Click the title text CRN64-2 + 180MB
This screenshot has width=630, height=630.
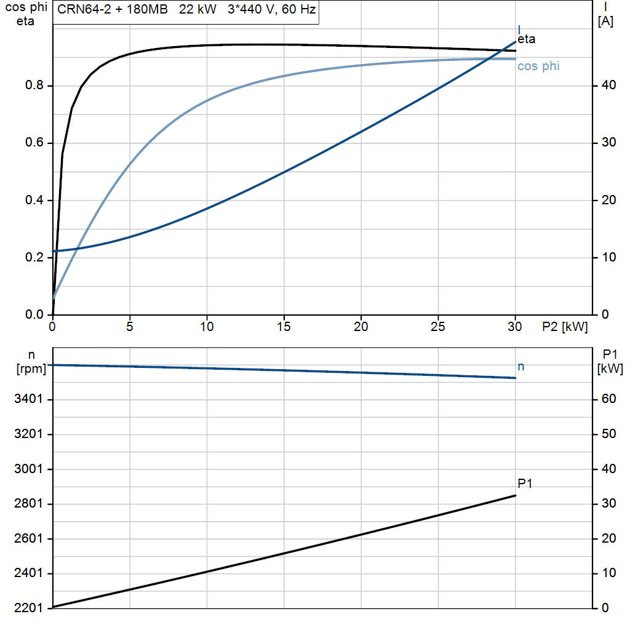(x=113, y=9)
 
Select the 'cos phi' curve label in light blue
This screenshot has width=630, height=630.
(x=538, y=66)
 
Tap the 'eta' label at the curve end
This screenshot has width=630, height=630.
(x=527, y=39)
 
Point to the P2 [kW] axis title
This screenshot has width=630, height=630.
(x=565, y=327)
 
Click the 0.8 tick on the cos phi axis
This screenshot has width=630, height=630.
(x=34, y=85)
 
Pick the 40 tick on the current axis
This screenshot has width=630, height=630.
(x=608, y=85)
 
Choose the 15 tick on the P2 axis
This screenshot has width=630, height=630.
(x=284, y=327)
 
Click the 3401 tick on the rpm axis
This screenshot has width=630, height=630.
(x=28, y=399)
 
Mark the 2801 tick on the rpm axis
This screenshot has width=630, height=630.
(x=28, y=503)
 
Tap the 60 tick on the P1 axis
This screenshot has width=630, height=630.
(x=608, y=399)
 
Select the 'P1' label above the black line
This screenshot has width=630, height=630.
(x=525, y=484)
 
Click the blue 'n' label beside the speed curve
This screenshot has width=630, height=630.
(x=520, y=367)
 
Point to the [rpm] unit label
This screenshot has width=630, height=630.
(x=31, y=369)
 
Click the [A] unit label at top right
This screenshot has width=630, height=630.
(x=605, y=22)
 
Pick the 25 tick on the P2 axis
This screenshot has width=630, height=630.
(x=438, y=327)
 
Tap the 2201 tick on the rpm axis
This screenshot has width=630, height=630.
(x=28, y=608)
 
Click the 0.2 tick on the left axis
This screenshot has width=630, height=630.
(x=34, y=257)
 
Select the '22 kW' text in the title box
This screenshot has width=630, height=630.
(x=197, y=9)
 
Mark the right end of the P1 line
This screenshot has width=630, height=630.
(x=516, y=495)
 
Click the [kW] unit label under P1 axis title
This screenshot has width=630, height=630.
(x=610, y=369)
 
